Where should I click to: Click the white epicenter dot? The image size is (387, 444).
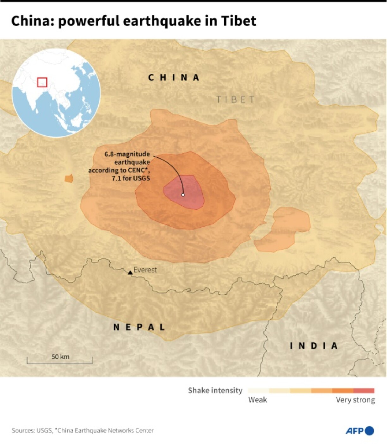pos(183,195)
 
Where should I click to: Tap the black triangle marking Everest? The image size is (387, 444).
pos(130,272)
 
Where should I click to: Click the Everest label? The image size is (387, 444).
pos(145,270)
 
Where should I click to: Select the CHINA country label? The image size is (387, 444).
pos(174,78)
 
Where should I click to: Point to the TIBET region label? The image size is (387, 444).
pos(236,100)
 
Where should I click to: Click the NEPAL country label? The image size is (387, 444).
pos(139,327)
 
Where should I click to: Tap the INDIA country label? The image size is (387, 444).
pos(314,346)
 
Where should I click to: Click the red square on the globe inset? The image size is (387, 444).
pos(42,82)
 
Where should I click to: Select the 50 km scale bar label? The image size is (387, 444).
pos(60,357)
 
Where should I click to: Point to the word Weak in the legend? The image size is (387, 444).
pos(257,400)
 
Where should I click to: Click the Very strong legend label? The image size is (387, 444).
pos(355,400)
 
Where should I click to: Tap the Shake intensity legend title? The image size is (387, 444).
pos(215,391)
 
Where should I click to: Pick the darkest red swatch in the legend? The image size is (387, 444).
pos(364,391)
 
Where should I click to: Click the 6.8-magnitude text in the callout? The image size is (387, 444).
pos(127,154)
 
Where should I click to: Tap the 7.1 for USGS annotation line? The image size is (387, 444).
pos(131,178)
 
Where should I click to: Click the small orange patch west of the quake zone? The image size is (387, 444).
pos(69,178)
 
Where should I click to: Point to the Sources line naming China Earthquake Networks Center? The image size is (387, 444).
pos(83,430)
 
